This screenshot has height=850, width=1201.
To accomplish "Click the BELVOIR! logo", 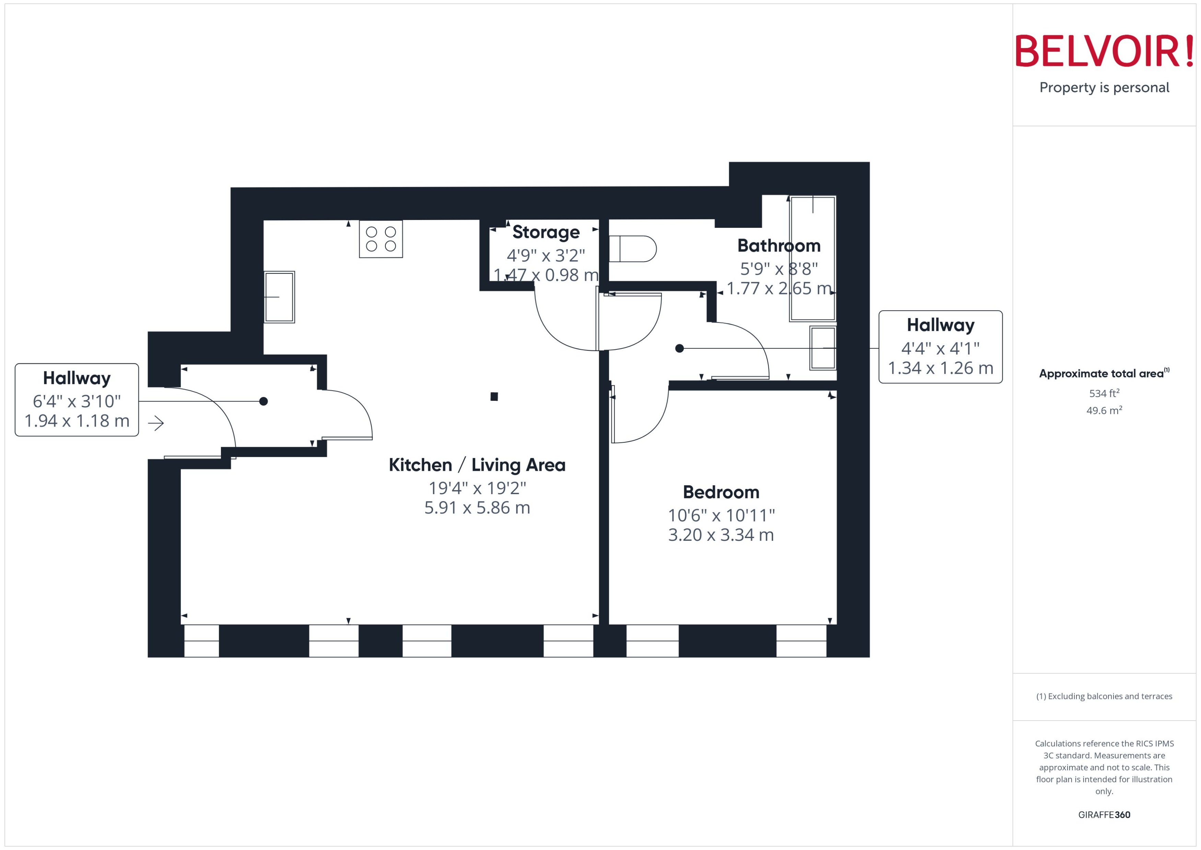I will click(1104, 51).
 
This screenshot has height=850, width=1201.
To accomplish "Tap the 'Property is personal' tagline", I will click(1104, 88).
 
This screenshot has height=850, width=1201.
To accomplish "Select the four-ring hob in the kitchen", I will click(381, 239).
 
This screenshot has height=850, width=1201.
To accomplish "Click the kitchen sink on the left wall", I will click(279, 297).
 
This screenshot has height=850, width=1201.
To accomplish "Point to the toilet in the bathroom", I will click(633, 248).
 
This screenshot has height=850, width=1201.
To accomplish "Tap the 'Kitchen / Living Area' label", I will click(477, 465).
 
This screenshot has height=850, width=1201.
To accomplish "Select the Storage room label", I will click(546, 232).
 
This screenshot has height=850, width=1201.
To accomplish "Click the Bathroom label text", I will click(779, 245).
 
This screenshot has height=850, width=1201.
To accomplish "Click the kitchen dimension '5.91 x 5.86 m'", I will click(477, 508).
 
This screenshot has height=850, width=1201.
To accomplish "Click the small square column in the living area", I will click(494, 397).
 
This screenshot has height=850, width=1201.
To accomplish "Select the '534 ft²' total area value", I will click(1104, 393).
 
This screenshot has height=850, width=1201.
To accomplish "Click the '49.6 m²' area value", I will click(1104, 410).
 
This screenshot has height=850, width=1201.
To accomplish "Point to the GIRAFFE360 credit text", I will click(1104, 815).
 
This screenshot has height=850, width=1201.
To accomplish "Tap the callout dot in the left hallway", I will click(264, 401).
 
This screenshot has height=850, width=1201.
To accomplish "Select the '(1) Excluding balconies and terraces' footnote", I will click(1104, 696).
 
